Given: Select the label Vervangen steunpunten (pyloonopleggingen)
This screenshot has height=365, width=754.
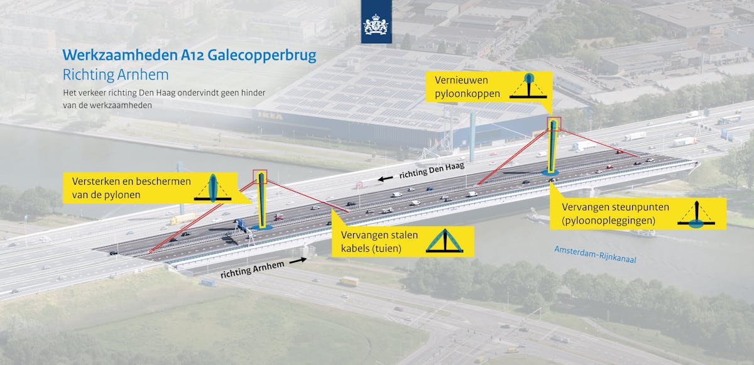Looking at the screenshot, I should (606, 214).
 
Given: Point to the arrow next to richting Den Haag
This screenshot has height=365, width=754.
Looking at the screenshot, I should (382, 179).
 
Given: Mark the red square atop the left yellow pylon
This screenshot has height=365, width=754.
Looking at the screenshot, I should (260, 177).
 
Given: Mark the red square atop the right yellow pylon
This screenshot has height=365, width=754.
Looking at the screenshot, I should (554, 123).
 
